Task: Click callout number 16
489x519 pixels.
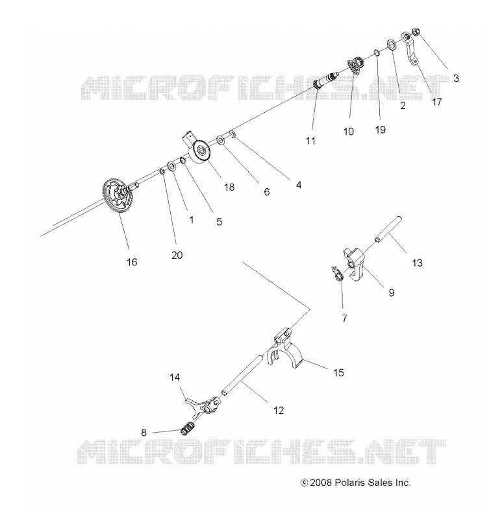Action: pos(132,262)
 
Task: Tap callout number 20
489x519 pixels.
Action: pos(177,255)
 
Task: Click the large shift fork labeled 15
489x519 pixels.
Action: pos(284,351)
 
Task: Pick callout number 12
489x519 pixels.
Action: pos(279,411)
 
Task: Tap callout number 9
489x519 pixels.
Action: pos(392,293)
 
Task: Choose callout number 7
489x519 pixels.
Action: pos(345,319)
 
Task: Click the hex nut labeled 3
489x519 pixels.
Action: pos(416,32)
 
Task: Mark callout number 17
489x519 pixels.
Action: pos(437,102)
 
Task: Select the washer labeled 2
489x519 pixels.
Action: pos(392,45)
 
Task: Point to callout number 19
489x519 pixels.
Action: pos(381,129)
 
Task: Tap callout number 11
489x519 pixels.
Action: pos(310,141)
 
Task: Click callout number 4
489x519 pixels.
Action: pos(299,185)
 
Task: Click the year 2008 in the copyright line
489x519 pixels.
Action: pos(321,483)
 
